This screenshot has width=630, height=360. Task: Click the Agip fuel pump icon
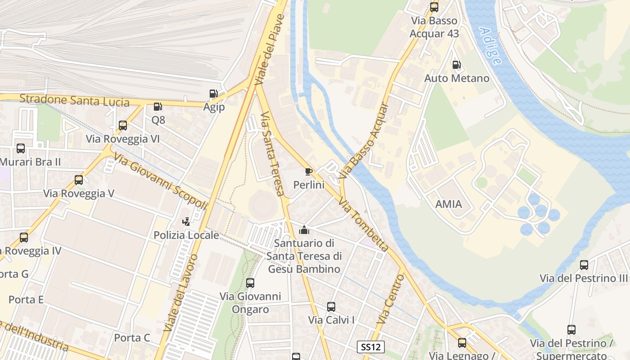click(x=213, y=94)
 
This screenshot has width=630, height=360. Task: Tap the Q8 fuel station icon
click(x=158, y=107)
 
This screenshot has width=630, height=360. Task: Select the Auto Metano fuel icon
click(x=456, y=65)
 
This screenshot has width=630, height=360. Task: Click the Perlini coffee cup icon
click(x=308, y=171)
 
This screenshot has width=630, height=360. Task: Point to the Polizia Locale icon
click(x=186, y=221)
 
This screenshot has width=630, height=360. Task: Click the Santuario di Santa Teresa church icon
click(x=304, y=230)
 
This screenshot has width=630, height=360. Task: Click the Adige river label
click(x=490, y=46)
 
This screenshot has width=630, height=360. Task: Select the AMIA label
click(x=448, y=204)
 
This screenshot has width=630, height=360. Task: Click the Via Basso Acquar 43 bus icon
click(x=434, y=7)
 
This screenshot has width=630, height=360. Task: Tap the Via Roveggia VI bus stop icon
click(x=123, y=126)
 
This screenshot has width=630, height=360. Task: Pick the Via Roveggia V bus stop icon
click(x=79, y=180)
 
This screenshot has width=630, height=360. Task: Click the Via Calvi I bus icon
click(x=331, y=307)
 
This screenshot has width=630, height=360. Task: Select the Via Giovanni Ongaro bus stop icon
click(x=250, y=283)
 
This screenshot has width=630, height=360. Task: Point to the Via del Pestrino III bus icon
click(x=584, y=265)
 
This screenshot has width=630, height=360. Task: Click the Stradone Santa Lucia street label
click(x=74, y=100)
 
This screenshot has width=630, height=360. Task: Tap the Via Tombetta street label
click(x=364, y=224)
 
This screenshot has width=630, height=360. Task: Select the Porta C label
click(x=132, y=337)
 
